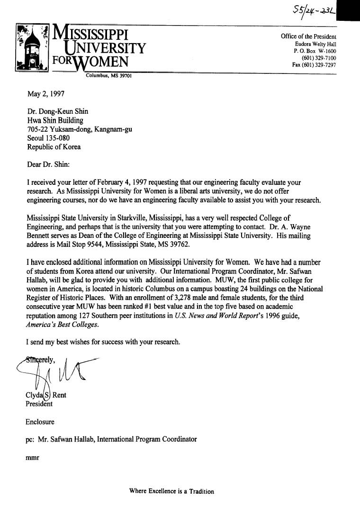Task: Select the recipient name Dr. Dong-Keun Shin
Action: tap(57, 112)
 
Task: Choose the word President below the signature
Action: tap(39, 404)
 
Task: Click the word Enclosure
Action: tap(40, 421)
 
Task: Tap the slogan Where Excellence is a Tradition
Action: tap(171, 491)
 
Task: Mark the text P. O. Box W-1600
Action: tap(315, 51)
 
